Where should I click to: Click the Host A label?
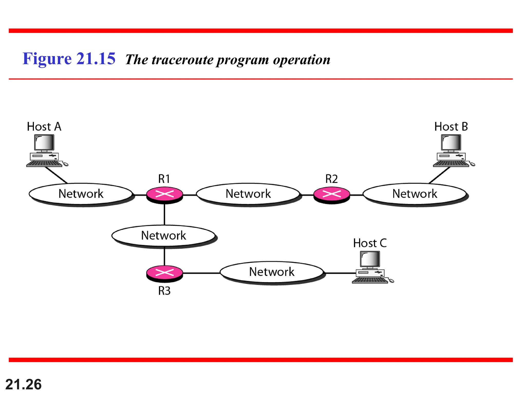tap(44, 127)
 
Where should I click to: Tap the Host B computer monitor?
tap(451, 142)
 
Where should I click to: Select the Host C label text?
tap(370, 243)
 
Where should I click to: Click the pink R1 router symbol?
tap(165, 194)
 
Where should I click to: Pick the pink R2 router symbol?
tap(332, 194)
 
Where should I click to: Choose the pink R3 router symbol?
tap(165, 273)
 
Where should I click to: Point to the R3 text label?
tap(164, 291)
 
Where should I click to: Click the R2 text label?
tap(332, 179)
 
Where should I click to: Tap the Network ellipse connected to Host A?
tap(81, 194)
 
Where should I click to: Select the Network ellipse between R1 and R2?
tap(248, 194)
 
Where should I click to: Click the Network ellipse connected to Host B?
tap(415, 194)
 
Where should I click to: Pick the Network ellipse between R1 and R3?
tap(164, 235)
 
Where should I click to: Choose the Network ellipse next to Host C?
tap(272, 272)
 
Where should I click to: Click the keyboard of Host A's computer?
tap(44, 164)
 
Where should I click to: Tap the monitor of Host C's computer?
tap(370, 259)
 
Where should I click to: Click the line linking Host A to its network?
tap(56, 175)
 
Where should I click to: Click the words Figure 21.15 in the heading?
tap(69, 59)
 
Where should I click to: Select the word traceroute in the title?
tap(183, 60)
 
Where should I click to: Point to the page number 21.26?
tap(23, 384)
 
